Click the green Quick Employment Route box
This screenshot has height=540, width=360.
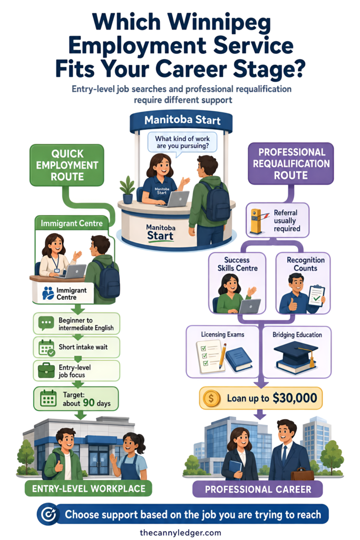(67, 165)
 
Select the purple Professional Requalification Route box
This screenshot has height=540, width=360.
(291, 163)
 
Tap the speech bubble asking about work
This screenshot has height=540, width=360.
(182, 142)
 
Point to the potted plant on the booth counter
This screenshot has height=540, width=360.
(128, 189)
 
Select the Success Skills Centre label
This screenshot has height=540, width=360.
(237, 264)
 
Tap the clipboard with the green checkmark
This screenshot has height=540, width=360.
(316, 295)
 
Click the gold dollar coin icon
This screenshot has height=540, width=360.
(211, 399)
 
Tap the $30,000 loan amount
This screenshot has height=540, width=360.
(295, 398)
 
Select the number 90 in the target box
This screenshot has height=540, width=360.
(89, 402)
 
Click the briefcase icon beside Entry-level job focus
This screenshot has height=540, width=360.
(46, 371)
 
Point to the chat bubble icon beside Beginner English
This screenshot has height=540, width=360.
(46, 323)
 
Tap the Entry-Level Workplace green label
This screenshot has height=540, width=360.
(89, 489)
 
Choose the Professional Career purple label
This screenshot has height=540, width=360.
(258, 489)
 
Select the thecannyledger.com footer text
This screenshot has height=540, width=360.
(180, 533)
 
